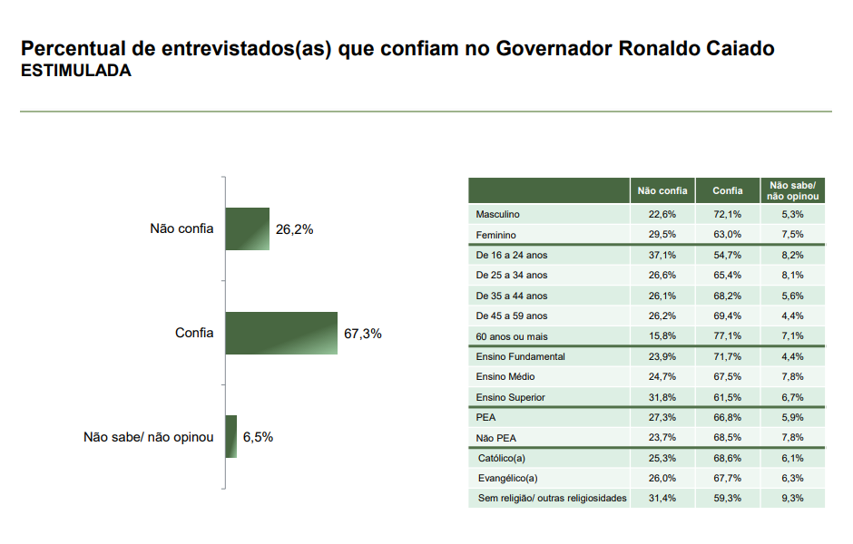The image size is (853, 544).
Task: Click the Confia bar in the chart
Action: pyautogui.click(x=281, y=333)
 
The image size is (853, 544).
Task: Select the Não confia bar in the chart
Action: pyautogui.click(x=248, y=228)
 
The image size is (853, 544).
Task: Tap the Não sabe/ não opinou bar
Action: pyautogui.click(x=231, y=436)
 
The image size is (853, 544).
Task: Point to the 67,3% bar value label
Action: pyautogui.click(x=363, y=334)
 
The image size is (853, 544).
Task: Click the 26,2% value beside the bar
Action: pyautogui.click(x=294, y=229)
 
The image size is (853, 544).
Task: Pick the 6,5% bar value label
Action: pyautogui.click(x=258, y=437)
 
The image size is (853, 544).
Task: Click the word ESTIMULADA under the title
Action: pyautogui.click(x=76, y=72)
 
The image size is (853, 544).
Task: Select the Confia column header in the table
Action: pyautogui.click(x=727, y=190)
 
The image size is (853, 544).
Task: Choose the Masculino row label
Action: pyautogui.click(x=497, y=215)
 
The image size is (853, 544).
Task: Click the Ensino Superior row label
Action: pyautogui.click(x=510, y=397)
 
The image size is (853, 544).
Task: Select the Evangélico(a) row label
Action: pyautogui.click(x=507, y=478)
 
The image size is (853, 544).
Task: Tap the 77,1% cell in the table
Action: pyautogui.click(x=727, y=336)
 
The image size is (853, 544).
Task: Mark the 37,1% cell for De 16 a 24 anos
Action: pyautogui.click(x=662, y=256)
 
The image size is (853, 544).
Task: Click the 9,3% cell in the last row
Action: pyautogui.click(x=792, y=498)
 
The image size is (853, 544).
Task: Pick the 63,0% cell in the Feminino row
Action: pyautogui.click(x=727, y=235)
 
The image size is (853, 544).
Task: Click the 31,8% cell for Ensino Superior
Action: pyautogui.click(x=662, y=397)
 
